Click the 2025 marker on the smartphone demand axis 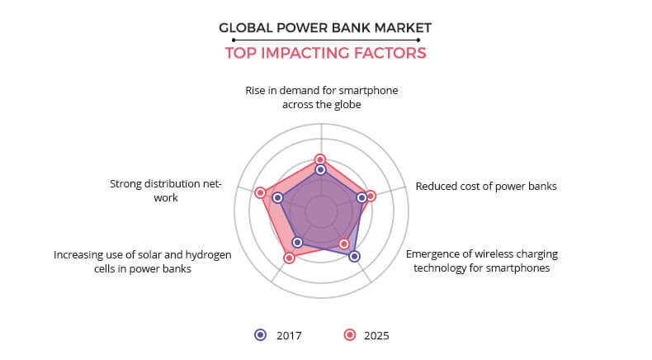tap(319, 159)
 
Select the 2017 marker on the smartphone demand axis tap(320, 170)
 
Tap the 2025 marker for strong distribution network tap(260, 192)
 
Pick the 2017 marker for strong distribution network tap(278, 198)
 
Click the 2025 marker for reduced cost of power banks tap(371, 196)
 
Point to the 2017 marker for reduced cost tap(361, 197)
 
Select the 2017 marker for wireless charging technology tap(354, 256)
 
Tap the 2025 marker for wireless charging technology tap(343, 244)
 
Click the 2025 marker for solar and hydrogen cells tap(290, 258)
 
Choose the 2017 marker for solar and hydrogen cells tap(297, 242)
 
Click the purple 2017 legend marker tap(261, 335)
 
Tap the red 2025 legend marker tap(350, 335)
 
